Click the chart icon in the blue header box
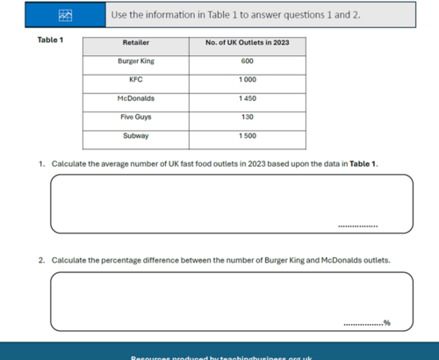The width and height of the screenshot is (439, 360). pyautogui.click(x=65, y=16)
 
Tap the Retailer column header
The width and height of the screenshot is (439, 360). pyautogui.click(x=136, y=42)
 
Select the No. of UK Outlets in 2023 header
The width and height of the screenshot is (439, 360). pyautogui.click(x=247, y=42)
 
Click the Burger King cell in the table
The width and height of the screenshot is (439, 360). pyautogui.click(x=136, y=61)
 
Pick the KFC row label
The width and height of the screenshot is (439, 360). pyautogui.click(x=136, y=80)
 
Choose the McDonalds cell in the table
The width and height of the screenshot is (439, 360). pyautogui.click(x=136, y=98)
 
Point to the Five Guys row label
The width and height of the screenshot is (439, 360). pyautogui.click(x=136, y=117)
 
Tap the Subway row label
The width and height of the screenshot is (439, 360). pyautogui.click(x=136, y=136)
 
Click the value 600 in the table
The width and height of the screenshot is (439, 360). pyautogui.click(x=247, y=61)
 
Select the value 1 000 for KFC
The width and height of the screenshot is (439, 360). pyautogui.click(x=247, y=80)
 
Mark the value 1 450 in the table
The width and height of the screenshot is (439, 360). pyautogui.click(x=247, y=98)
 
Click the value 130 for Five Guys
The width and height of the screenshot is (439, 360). pyautogui.click(x=247, y=117)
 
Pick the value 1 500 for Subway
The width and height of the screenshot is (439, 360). pyautogui.click(x=247, y=136)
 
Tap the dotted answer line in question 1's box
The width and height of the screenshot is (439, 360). pyautogui.click(x=357, y=226)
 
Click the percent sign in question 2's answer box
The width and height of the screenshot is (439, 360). pyautogui.click(x=387, y=323)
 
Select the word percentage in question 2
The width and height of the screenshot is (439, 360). pyautogui.click(x=121, y=260)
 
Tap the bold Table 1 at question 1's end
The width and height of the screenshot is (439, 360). pyautogui.click(x=363, y=164)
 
